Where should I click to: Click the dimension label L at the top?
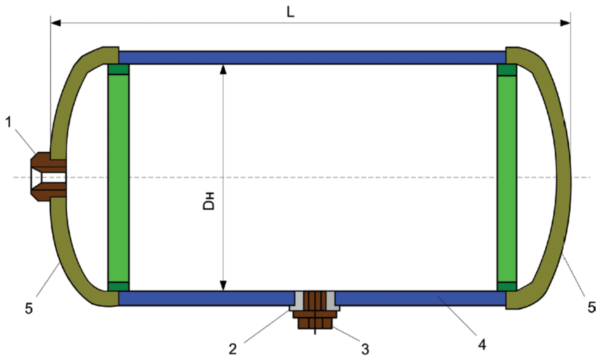click(x=290, y=12)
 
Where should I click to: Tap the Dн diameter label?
click(x=210, y=202)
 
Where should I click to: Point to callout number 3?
click(x=365, y=348)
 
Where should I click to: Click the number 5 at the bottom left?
click(x=29, y=308)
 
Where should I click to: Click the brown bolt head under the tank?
click(x=315, y=322)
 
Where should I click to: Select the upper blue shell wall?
click(x=312, y=58)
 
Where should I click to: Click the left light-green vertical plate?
click(x=118, y=177)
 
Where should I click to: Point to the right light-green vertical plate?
click(x=507, y=177)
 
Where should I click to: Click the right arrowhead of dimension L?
click(x=565, y=23)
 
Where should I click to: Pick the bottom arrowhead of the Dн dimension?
click(x=223, y=286)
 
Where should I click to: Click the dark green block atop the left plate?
click(x=118, y=70)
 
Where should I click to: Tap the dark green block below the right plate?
click(x=507, y=286)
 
